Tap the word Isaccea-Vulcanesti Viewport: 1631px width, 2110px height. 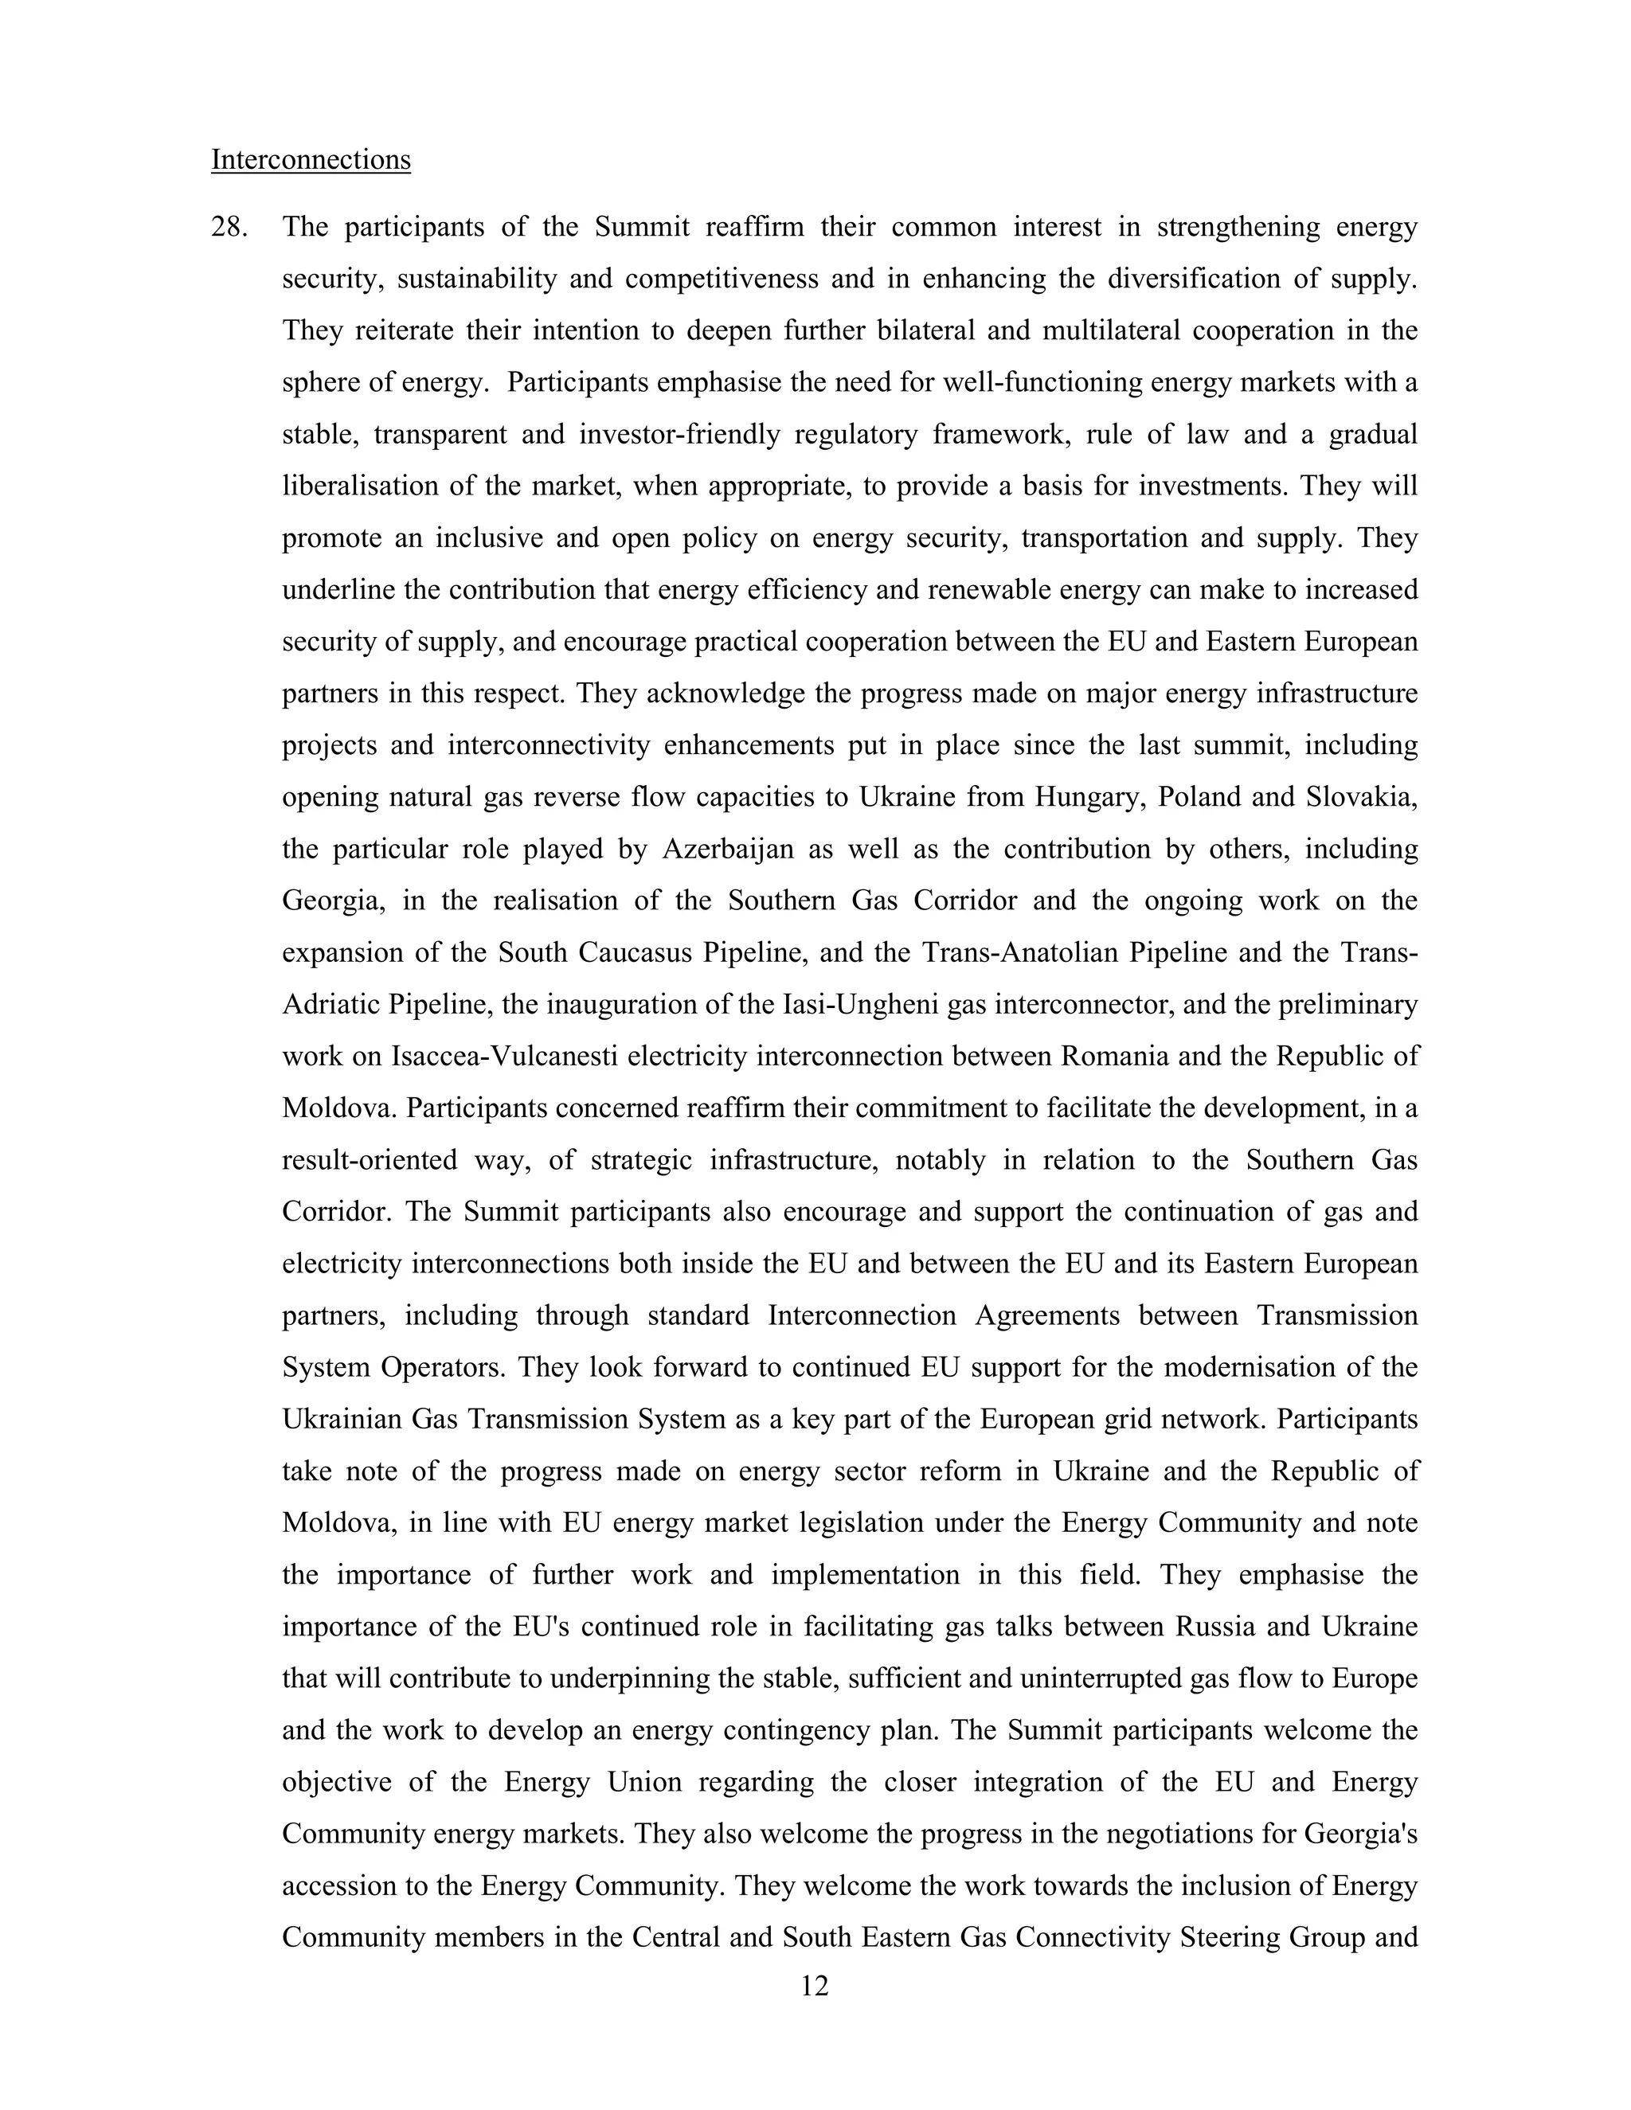tap(503, 1056)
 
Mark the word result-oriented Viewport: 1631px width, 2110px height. tap(368, 1160)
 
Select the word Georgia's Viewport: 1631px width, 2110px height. tap(1360, 1834)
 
